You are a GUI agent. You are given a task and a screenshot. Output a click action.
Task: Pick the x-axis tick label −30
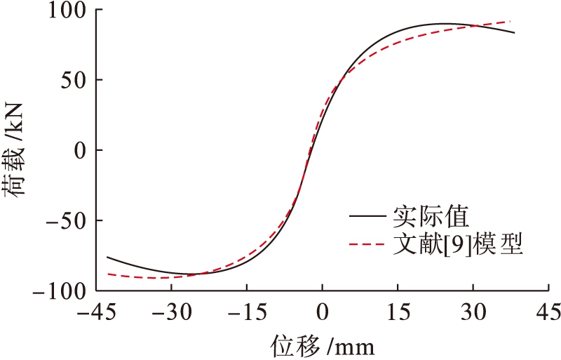[x=171, y=311]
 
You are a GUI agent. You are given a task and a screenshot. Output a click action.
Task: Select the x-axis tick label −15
[x=246, y=311]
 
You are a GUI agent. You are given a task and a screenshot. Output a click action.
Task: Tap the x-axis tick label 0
[x=322, y=311]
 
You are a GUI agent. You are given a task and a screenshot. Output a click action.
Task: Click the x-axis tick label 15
[x=398, y=311]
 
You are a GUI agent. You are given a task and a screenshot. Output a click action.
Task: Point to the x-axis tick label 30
[x=473, y=311]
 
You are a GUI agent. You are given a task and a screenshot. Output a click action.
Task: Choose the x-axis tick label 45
[x=548, y=311]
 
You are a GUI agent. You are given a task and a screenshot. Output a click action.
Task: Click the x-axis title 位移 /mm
[x=322, y=345]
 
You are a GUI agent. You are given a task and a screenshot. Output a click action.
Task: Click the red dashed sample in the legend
[x=366, y=245]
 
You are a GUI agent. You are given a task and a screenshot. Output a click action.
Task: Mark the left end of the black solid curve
[x=107, y=257]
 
